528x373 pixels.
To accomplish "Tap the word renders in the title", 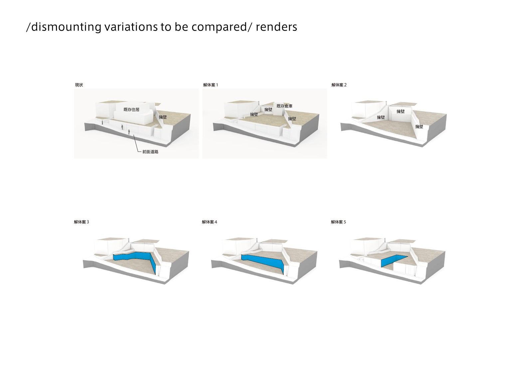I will [276, 27].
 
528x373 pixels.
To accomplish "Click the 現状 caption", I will [79, 85].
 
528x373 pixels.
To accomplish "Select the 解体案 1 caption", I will [211, 85].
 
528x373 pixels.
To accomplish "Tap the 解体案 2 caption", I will [339, 85].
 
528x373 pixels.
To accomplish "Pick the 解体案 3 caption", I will [82, 222].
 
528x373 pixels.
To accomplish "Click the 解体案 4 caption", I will [209, 222].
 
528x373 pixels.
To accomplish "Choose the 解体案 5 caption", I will [338, 222].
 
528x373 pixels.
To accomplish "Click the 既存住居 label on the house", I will [131, 110].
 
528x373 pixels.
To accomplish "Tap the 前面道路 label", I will [150, 152].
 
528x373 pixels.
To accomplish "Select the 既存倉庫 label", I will [284, 106].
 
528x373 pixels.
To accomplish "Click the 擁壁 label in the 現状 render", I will [163, 117].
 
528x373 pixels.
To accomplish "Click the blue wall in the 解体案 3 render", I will [133, 256].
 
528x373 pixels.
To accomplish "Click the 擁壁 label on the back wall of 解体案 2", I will [401, 112].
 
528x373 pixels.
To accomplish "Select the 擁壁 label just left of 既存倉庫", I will [268, 109].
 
